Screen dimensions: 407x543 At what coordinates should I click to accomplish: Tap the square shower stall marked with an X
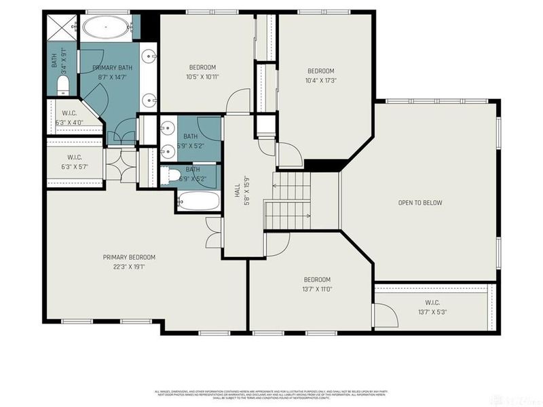[62, 28]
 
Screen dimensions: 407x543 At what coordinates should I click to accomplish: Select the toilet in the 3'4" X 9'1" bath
[62, 85]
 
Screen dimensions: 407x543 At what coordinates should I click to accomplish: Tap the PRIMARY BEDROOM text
[129, 257]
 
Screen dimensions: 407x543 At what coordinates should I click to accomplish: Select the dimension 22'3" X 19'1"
[129, 267]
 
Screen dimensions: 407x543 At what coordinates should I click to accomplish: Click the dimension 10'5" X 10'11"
[202, 77]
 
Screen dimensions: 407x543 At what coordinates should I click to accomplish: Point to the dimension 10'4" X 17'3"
[321, 81]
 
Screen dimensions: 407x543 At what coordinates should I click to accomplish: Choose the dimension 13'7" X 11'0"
[317, 289]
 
